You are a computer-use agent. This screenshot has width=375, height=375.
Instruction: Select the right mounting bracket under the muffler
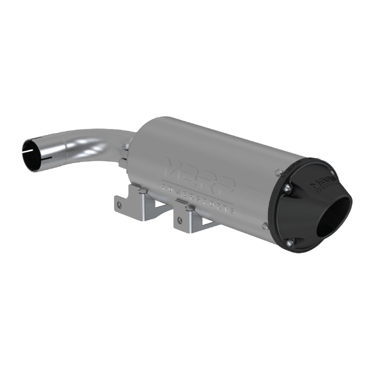pyautogui.click(x=192, y=217)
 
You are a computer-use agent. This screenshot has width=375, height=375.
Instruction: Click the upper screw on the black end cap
pyautogui.click(x=287, y=188)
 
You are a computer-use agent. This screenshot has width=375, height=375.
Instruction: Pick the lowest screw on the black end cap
pyautogui.click(x=289, y=242)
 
